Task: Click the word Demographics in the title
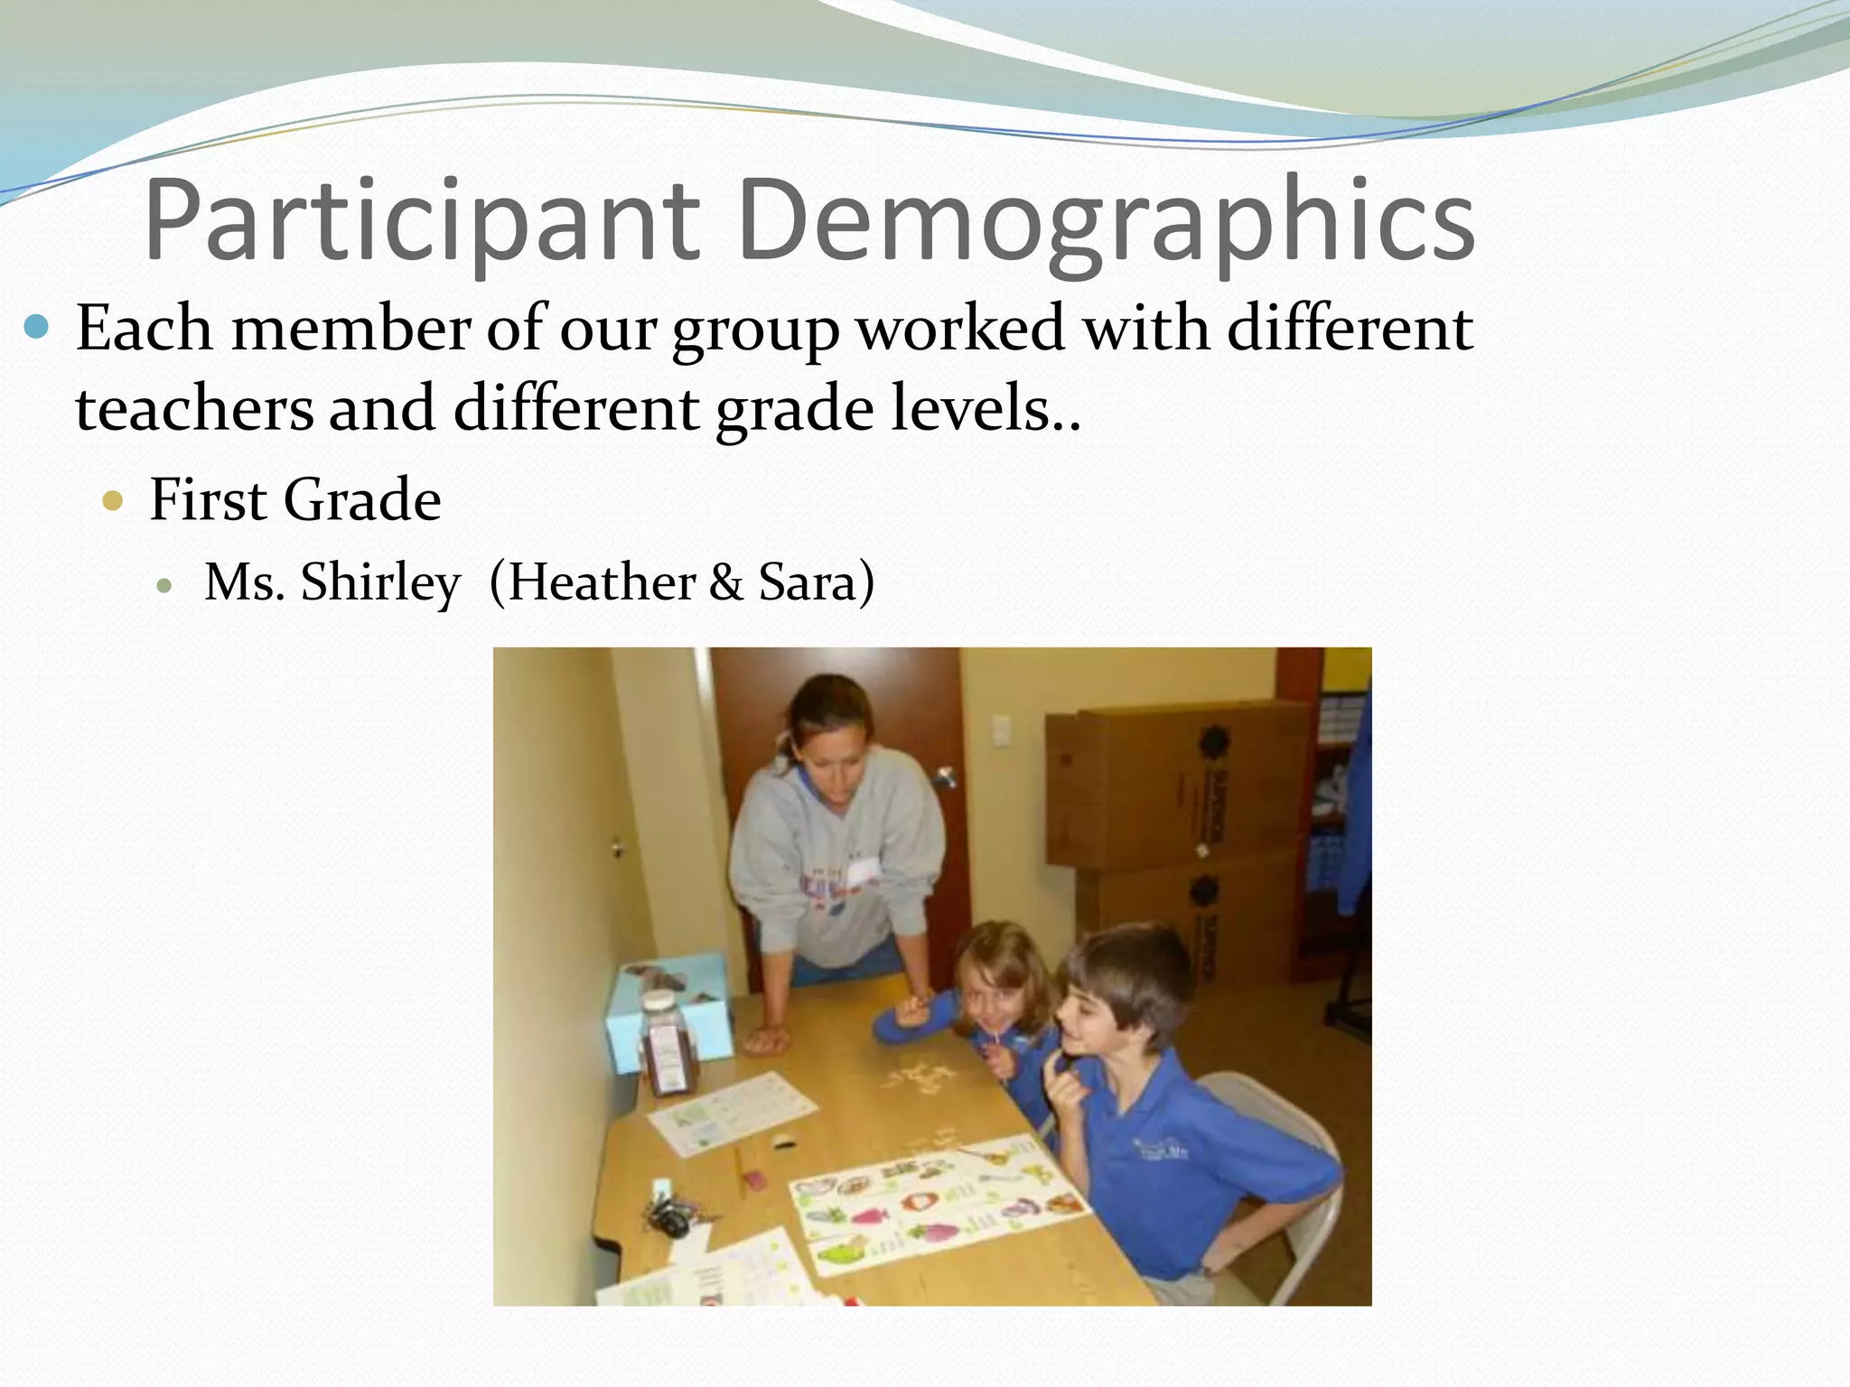(1106, 221)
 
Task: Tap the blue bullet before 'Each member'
(36, 326)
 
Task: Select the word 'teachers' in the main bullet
(194, 408)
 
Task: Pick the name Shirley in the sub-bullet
(380, 582)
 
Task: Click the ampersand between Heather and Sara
(725, 582)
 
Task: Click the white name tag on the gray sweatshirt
(863, 870)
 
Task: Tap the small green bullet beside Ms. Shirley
(164, 585)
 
